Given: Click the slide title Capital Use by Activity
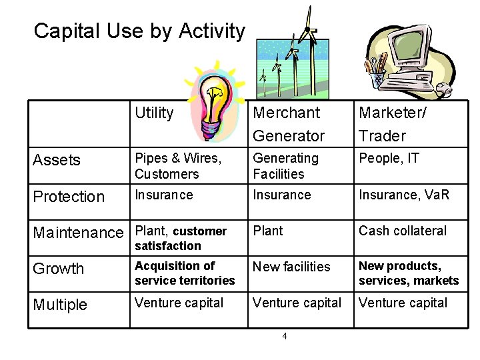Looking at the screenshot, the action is pyautogui.click(x=139, y=31).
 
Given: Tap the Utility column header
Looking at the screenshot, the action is pyautogui.click(x=154, y=113).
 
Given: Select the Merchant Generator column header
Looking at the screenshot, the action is pyautogui.click(x=289, y=124).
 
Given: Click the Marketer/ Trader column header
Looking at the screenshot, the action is pyautogui.click(x=393, y=124).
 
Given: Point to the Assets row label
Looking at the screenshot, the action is pyautogui.click(x=57, y=160).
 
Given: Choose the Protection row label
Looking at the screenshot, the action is pyautogui.click(x=69, y=197).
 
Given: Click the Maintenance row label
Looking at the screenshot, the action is pyautogui.click(x=78, y=233).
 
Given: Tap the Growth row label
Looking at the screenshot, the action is pyautogui.click(x=59, y=269).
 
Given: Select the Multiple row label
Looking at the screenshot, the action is pyautogui.click(x=60, y=305).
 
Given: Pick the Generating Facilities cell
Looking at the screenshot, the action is pyautogui.click(x=285, y=166).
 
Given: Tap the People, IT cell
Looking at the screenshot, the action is pyautogui.click(x=387, y=159).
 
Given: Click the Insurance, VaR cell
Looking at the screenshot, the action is pyautogui.click(x=404, y=195).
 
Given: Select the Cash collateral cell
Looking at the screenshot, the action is pyautogui.click(x=403, y=231).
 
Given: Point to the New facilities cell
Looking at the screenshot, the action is pyautogui.click(x=291, y=267).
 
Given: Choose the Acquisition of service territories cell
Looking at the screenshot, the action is pyautogui.click(x=185, y=273).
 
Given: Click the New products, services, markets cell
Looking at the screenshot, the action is pyautogui.click(x=409, y=273).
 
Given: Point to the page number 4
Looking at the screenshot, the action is pyautogui.click(x=285, y=336).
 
